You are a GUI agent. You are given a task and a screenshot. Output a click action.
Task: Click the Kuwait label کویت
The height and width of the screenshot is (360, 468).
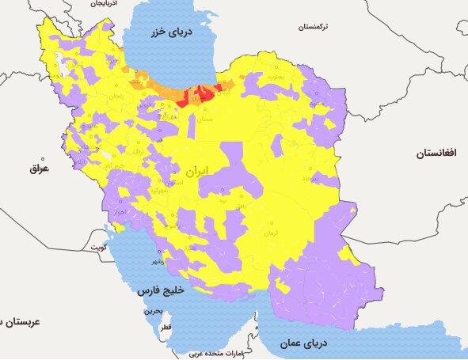(97, 247)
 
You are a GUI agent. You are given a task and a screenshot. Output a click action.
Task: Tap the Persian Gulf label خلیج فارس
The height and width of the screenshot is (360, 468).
(162, 290)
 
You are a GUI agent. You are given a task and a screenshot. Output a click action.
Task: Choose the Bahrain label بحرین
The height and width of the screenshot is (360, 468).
(154, 312)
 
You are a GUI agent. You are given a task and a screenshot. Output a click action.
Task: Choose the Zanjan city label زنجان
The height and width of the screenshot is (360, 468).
(116, 96)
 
